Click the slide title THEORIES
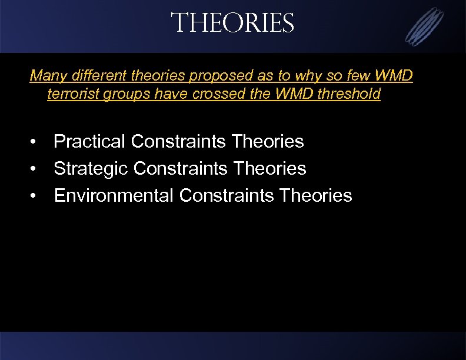click(x=232, y=24)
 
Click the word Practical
click(x=89, y=142)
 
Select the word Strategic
click(x=91, y=169)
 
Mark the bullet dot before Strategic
click(x=36, y=169)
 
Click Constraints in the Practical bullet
click(x=179, y=142)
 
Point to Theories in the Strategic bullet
click(x=271, y=169)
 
